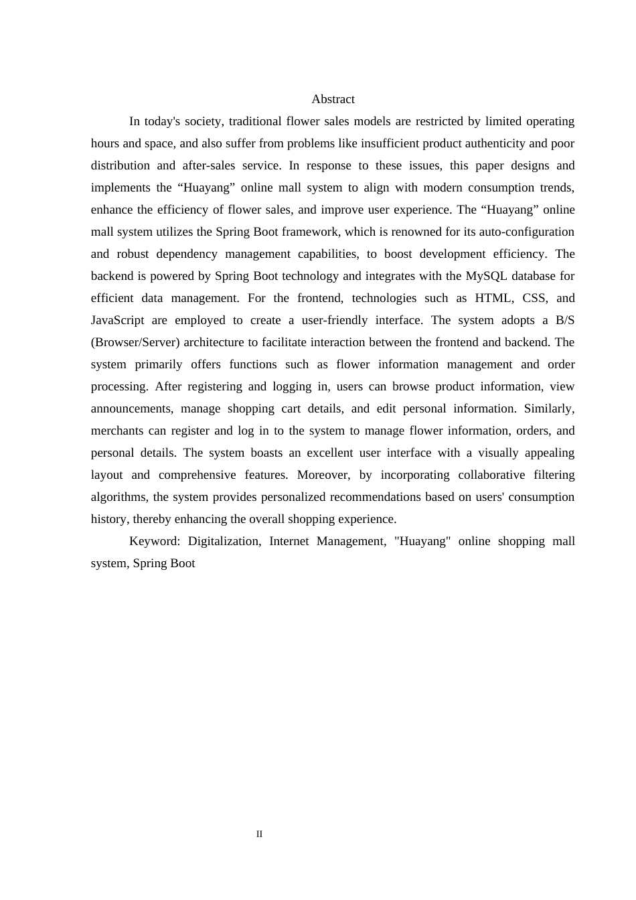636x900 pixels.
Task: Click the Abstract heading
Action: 333,99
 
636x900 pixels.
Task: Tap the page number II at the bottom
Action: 259,834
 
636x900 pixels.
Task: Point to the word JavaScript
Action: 117,320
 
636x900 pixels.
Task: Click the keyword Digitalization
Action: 224,541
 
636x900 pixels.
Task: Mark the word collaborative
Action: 491,475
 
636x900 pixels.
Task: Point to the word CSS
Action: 534,298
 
